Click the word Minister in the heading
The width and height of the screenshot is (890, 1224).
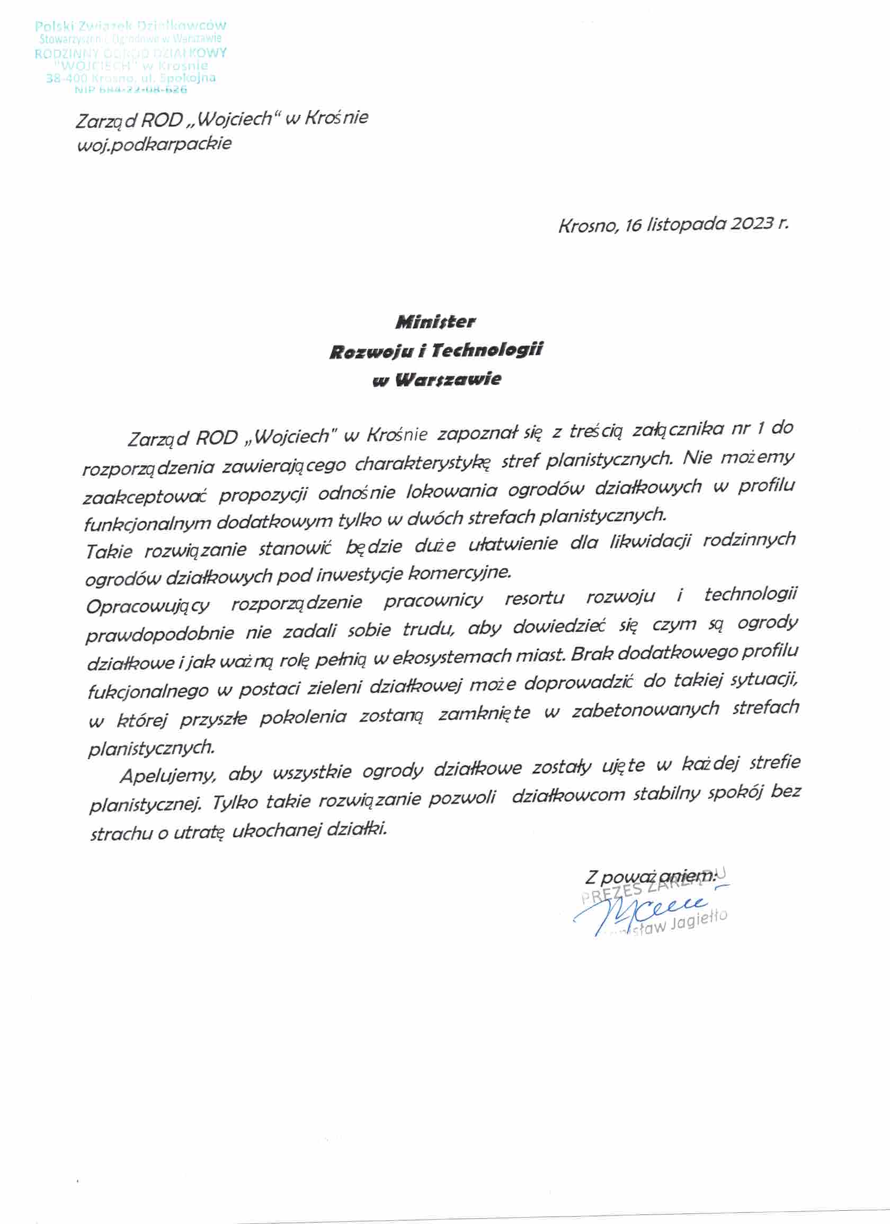[x=435, y=322]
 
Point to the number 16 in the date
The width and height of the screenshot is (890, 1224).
[x=633, y=225]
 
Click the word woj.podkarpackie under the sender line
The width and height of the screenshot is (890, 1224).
[x=155, y=144]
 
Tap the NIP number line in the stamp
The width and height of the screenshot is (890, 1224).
[x=132, y=89]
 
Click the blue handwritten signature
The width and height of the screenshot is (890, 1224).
[x=643, y=912]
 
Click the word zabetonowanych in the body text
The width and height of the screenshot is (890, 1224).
[x=645, y=710]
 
